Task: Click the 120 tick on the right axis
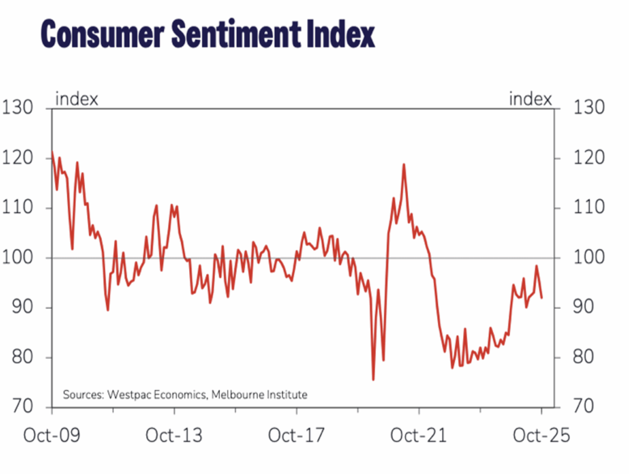(x=588, y=158)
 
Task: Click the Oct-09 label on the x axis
(x=52, y=436)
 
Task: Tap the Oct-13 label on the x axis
(x=174, y=436)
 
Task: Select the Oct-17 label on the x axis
(x=296, y=436)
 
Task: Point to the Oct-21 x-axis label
(x=419, y=436)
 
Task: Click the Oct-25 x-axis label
(x=541, y=436)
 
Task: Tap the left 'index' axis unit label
(x=77, y=98)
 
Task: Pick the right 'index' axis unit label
(x=530, y=98)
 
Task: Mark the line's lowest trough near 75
(x=373, y=379)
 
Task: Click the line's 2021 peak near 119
(x=404, y=164)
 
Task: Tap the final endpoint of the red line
(x=542, y=298)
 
